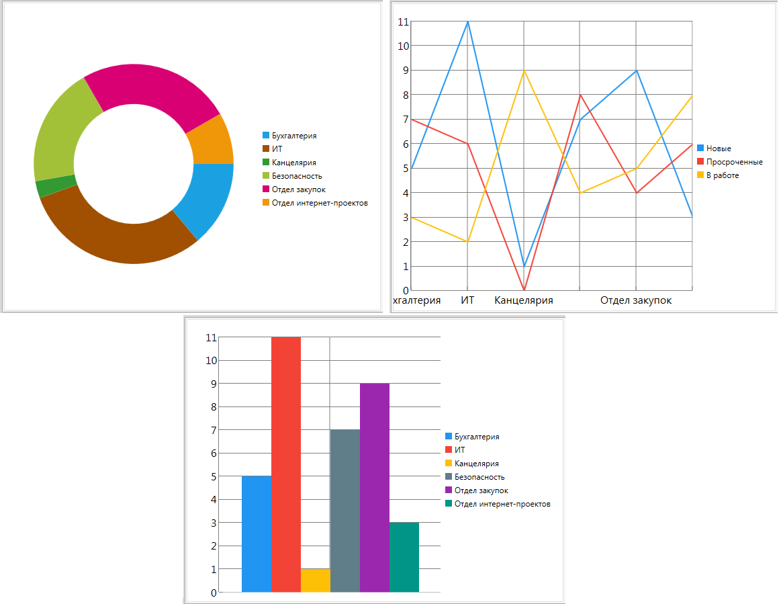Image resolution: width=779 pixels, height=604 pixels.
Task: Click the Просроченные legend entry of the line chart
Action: pos(734,162)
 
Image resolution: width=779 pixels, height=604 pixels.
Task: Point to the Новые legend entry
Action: pos(719,148)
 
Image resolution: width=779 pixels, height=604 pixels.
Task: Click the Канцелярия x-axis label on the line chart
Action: pos(524,300)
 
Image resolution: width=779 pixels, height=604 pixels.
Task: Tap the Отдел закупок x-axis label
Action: pos(636,300)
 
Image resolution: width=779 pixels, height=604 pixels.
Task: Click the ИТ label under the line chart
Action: pos(467,300)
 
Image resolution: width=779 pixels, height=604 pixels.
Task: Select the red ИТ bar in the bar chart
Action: pos(285,464)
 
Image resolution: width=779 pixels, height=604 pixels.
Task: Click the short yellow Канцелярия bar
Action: pos(315,580)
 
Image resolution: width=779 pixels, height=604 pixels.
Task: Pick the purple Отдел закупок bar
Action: pos(374,487)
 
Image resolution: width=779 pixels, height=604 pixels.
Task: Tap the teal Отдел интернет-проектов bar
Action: pos(404,557)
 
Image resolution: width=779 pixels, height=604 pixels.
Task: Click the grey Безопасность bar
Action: pos(345,511)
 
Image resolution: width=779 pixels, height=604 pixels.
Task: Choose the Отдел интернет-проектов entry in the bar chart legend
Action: pos(502,504)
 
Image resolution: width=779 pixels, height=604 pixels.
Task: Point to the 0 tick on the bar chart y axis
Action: pos(214,593)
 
